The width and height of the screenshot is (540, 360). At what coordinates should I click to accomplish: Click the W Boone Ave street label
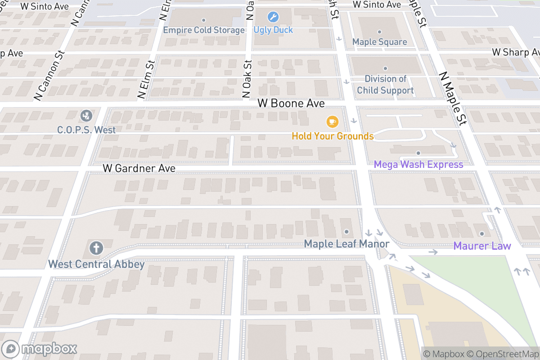click(x=291, y=103)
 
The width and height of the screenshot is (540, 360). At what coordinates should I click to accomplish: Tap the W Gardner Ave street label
click(x=139, y=168)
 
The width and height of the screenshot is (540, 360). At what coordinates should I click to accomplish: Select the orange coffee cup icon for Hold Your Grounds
click(x=332, y=121)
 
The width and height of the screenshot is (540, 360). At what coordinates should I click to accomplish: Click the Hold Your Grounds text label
click(x=333, y=136)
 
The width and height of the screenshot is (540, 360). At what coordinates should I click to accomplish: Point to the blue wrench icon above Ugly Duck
click(x=273, y=18)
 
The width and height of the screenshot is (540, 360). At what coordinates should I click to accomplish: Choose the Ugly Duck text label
click(x=273, y=30)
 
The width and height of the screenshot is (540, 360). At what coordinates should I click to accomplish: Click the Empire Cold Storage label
click(x=203, y=30)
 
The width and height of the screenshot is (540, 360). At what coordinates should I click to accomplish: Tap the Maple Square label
click(x=379, y=42)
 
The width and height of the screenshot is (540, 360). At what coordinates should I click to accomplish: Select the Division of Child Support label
click(x=385, y=85)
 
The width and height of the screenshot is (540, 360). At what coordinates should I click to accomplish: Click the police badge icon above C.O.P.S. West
click(x=86, y=116)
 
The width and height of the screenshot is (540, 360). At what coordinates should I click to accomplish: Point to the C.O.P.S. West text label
click(x=86, y=130)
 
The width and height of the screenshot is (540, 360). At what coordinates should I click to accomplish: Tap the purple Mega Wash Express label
click(x=418, y=165)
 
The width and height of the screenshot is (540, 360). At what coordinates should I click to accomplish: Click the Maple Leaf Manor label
click(x=346, y=244)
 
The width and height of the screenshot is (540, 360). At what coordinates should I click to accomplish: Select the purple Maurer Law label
click(x=482, y=246)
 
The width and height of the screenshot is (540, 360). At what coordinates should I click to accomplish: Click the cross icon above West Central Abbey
click(x=96, y=247)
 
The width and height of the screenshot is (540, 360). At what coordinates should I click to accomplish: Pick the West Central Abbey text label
click(x=96, y=264)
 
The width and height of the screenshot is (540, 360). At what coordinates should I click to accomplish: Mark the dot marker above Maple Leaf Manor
click(x=346, y=232)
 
